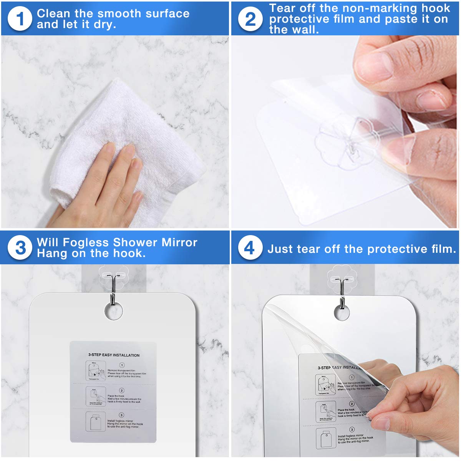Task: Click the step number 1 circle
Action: click(x=20, y=19)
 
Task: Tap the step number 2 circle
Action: click(x=250, y=19)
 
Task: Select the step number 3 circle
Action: click(x=20, y=248)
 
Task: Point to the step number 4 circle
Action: click(x=250, y=248)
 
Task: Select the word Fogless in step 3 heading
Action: click(x=86, y=242)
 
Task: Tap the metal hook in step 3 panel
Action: click(x=112, y=288)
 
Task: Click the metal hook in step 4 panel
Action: click(x=342, y=290)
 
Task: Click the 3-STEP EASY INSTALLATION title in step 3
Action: click(x=114, y=355)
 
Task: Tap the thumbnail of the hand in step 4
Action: click(x=380, y=423)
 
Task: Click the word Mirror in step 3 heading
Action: click(x=179, y=242)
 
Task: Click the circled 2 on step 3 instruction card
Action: click(x=122, y=390)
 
